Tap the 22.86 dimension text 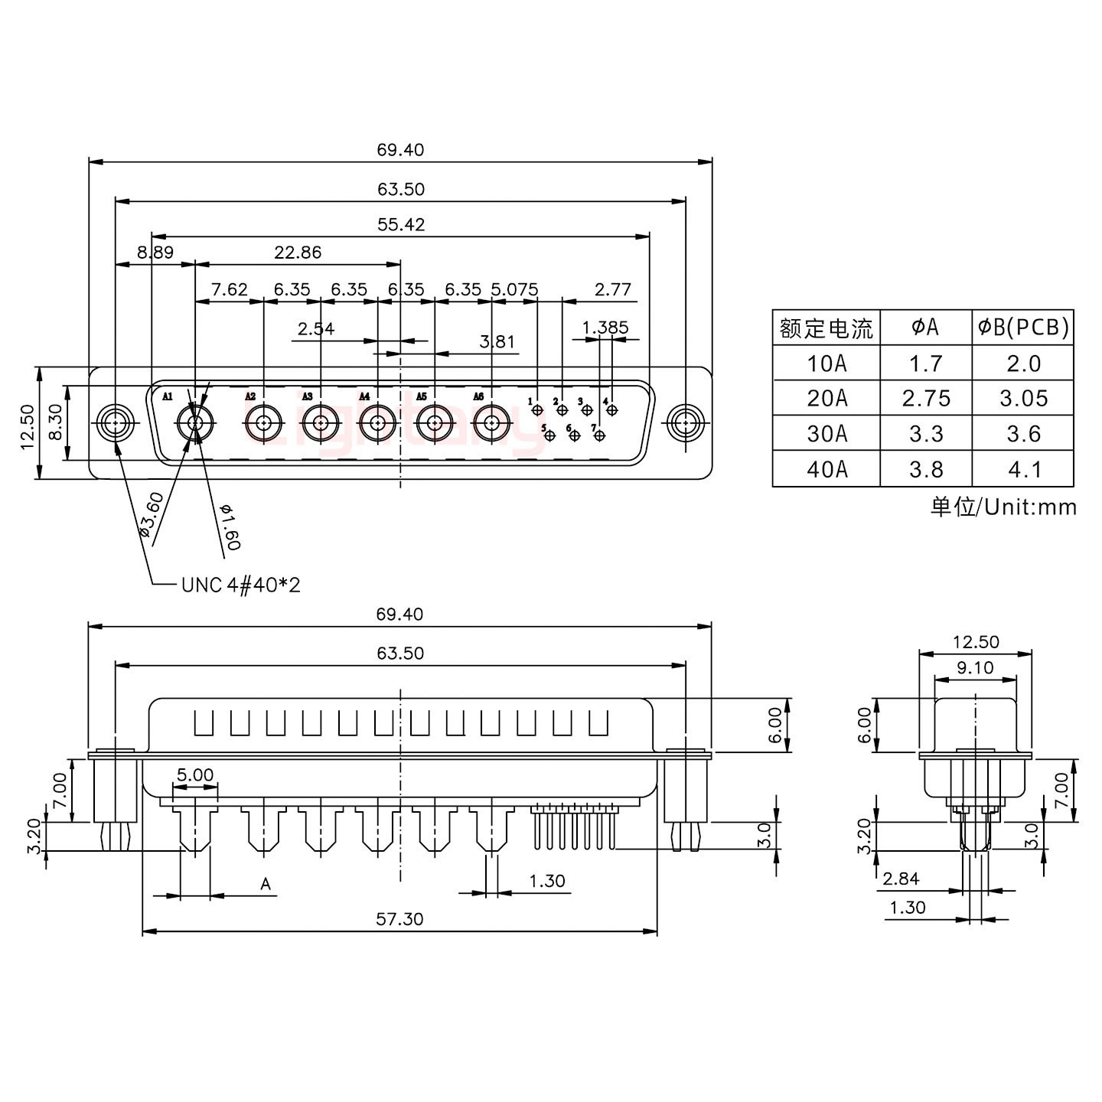pyautogui.click(x=298, y=252)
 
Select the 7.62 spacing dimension pyautogui.click(x=229, y=289)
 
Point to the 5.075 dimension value pyautogui.click(x=514, y=289)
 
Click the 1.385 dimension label pyautogui.click(x=605, y=328)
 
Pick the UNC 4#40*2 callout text pyautogui.click(x=241, y=585)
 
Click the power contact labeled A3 pyautogui.click(x=320, y=422)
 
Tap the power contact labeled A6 pyautogui.click(x=491, y=422)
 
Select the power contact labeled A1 pyautogui.click(x=195, y=422)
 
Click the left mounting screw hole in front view pyautogui.click(x=116, y=422)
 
